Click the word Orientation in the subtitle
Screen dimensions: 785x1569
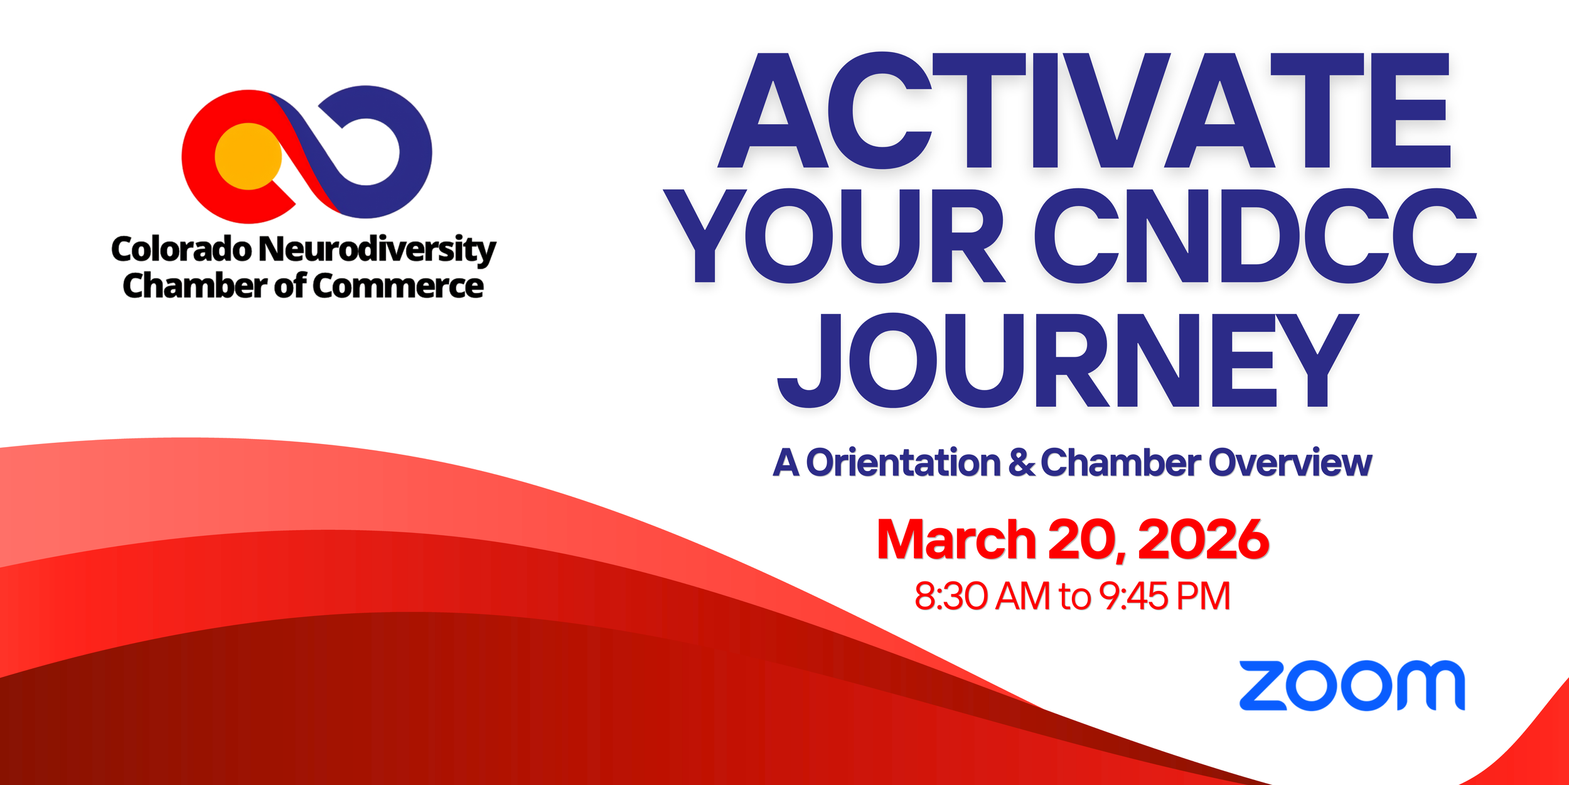(x=902, y=463)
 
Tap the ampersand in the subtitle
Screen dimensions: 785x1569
(x=1021, y=463)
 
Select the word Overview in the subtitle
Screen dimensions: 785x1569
(x=1290, y=463)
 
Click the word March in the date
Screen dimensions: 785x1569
(x=955, y=540)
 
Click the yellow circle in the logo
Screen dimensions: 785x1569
(x=248, y=156)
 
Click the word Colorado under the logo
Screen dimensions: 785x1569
(x=181, y=249)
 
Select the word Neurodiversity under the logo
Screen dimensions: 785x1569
(x=377, y=249)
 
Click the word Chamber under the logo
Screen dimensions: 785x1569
(x=195, y=286)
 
